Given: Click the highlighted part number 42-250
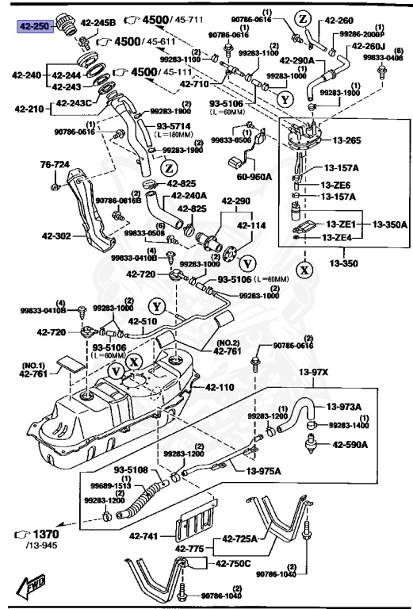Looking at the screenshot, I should click(34, 25).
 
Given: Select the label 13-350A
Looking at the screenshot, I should click(389, 224).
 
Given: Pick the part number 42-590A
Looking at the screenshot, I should click(350, 444).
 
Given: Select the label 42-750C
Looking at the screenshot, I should click(233, 564).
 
